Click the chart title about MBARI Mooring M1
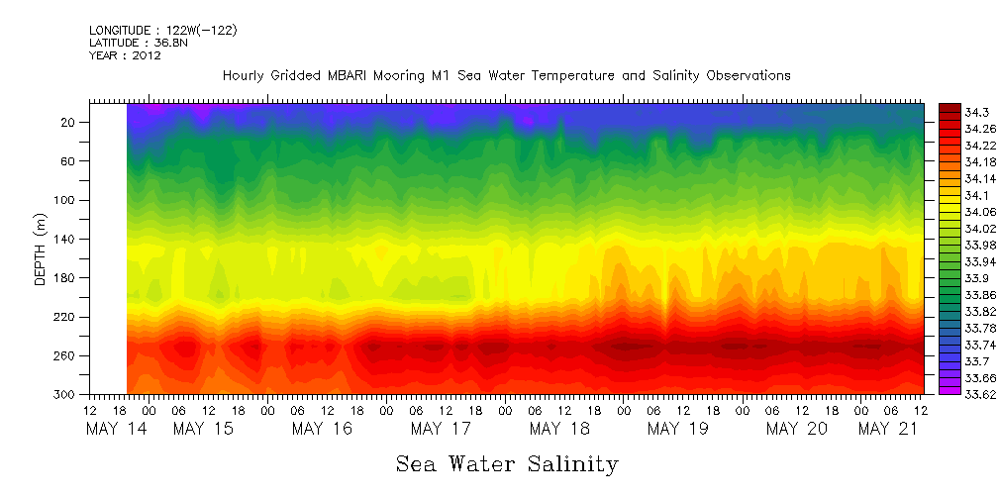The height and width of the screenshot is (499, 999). (x=506, y=75)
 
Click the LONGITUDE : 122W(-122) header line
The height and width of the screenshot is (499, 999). (x=162, y=31)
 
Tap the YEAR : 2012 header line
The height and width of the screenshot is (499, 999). (x=125, y=55)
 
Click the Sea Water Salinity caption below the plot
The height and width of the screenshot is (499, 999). (x=507, y=463)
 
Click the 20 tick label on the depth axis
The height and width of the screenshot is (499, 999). (x=69, y=122)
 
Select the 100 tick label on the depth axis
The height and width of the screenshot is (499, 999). (x=65, y=200)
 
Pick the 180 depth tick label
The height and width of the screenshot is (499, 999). (x=65, y=278)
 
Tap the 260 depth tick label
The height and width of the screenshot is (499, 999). (x=65, y=355)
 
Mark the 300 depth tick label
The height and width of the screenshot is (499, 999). (x=65, y=395)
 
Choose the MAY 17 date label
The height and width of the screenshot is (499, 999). (x=441, y=429)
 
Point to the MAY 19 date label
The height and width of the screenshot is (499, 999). (x=677, y=429)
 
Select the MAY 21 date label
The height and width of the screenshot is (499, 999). (x=888, y=429)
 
